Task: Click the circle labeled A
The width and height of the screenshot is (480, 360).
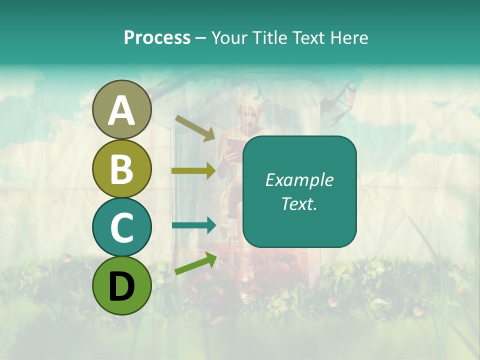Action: [121, 110]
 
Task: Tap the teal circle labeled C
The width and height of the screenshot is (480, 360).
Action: [121, 227]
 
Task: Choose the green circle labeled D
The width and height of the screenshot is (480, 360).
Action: [121, 285]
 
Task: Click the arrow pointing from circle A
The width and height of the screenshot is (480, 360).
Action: [195, 128]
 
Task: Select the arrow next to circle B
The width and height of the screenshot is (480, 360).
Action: [194, 171]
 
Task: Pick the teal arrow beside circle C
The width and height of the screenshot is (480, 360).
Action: [194, 225]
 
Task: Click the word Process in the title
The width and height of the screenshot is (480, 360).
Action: [157, 37]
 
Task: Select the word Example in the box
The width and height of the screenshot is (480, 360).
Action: [299, 180]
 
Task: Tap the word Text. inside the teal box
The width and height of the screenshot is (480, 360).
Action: [299, 203]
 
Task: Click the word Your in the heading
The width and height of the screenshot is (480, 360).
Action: [228, 37]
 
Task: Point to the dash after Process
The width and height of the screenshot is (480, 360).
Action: [200, 38]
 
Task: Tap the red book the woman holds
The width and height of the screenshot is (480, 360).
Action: [234, 145]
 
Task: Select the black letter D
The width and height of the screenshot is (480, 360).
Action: [121, 285]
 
